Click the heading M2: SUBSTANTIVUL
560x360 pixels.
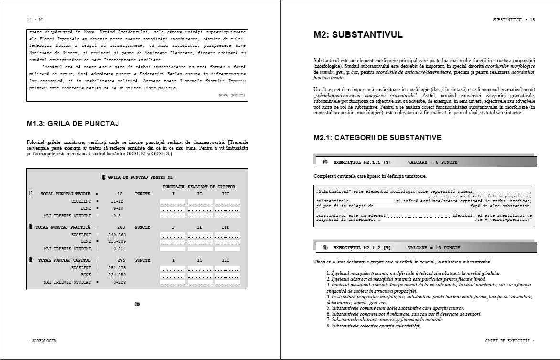[358, 35]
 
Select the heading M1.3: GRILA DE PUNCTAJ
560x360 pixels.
[73, 124]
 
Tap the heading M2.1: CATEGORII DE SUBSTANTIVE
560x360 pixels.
[377, 138]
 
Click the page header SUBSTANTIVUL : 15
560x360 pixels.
[514, 20]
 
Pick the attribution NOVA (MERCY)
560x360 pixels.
[232, 95]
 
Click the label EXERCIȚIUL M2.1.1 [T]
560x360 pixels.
[362, 162]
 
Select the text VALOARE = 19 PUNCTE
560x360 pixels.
[434, 248]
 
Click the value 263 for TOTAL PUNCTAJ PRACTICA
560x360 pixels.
[121, 227]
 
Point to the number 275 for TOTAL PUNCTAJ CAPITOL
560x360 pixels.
[121, 261]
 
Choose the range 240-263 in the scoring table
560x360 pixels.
[117, 235]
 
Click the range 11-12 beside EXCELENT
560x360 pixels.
[117, 201]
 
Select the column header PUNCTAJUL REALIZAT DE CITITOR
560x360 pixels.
[199, 186]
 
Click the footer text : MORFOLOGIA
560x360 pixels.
[42, 341]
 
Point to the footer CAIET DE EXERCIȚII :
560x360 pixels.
[510, 341]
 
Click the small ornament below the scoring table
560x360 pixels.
[138, 304]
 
